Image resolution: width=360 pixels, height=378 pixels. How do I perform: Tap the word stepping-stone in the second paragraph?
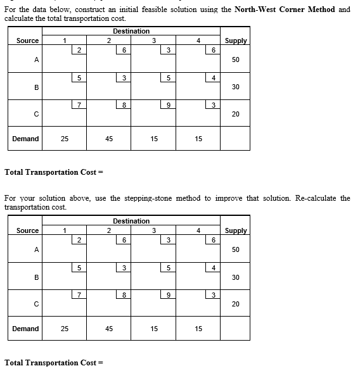[x=143, y=198]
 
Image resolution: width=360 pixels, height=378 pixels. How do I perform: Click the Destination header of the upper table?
[x=131, y=31]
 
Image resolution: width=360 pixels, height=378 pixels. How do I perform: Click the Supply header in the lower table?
[x=236, y=230]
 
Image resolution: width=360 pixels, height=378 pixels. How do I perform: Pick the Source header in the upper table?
[x=27, y=41]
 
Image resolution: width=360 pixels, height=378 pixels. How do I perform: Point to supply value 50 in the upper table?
[x=236, y=60]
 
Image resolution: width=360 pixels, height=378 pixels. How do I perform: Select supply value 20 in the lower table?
[x=236, y=304]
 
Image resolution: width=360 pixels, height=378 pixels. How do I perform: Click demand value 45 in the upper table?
[x=109, y=139]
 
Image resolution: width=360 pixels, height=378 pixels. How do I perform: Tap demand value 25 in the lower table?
[x=65, y=329]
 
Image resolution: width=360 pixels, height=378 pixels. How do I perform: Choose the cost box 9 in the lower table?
[x=167, y=294]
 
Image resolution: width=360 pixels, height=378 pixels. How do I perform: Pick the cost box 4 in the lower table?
[x=214, y=268]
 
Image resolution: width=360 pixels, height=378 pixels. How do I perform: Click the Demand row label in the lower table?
[x=25, y=329]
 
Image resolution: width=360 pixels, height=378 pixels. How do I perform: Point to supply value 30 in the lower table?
[x=236, y=277]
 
